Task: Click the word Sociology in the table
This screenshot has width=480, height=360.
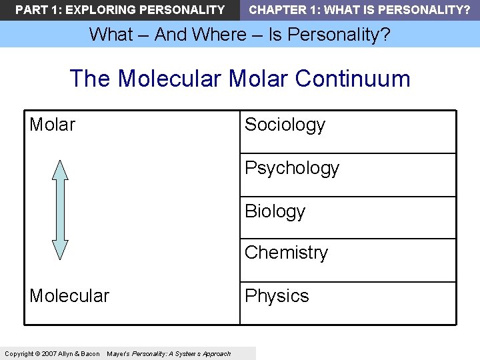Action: (285, 125)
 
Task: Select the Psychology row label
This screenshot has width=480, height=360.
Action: (292, 168)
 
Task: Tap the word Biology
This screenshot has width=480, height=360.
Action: (275, 211)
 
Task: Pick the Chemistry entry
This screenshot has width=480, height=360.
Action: (286, 253)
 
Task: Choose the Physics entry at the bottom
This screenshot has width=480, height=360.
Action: (277, 296)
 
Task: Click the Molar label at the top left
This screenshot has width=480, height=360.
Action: (53, 125)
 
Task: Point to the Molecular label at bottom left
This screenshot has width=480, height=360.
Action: (69, 296)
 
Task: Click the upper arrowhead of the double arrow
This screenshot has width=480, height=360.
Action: (60, 169)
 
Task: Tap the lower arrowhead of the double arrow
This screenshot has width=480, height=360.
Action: (60, 249)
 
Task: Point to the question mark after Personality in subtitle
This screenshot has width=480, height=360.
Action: (385, 34)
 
